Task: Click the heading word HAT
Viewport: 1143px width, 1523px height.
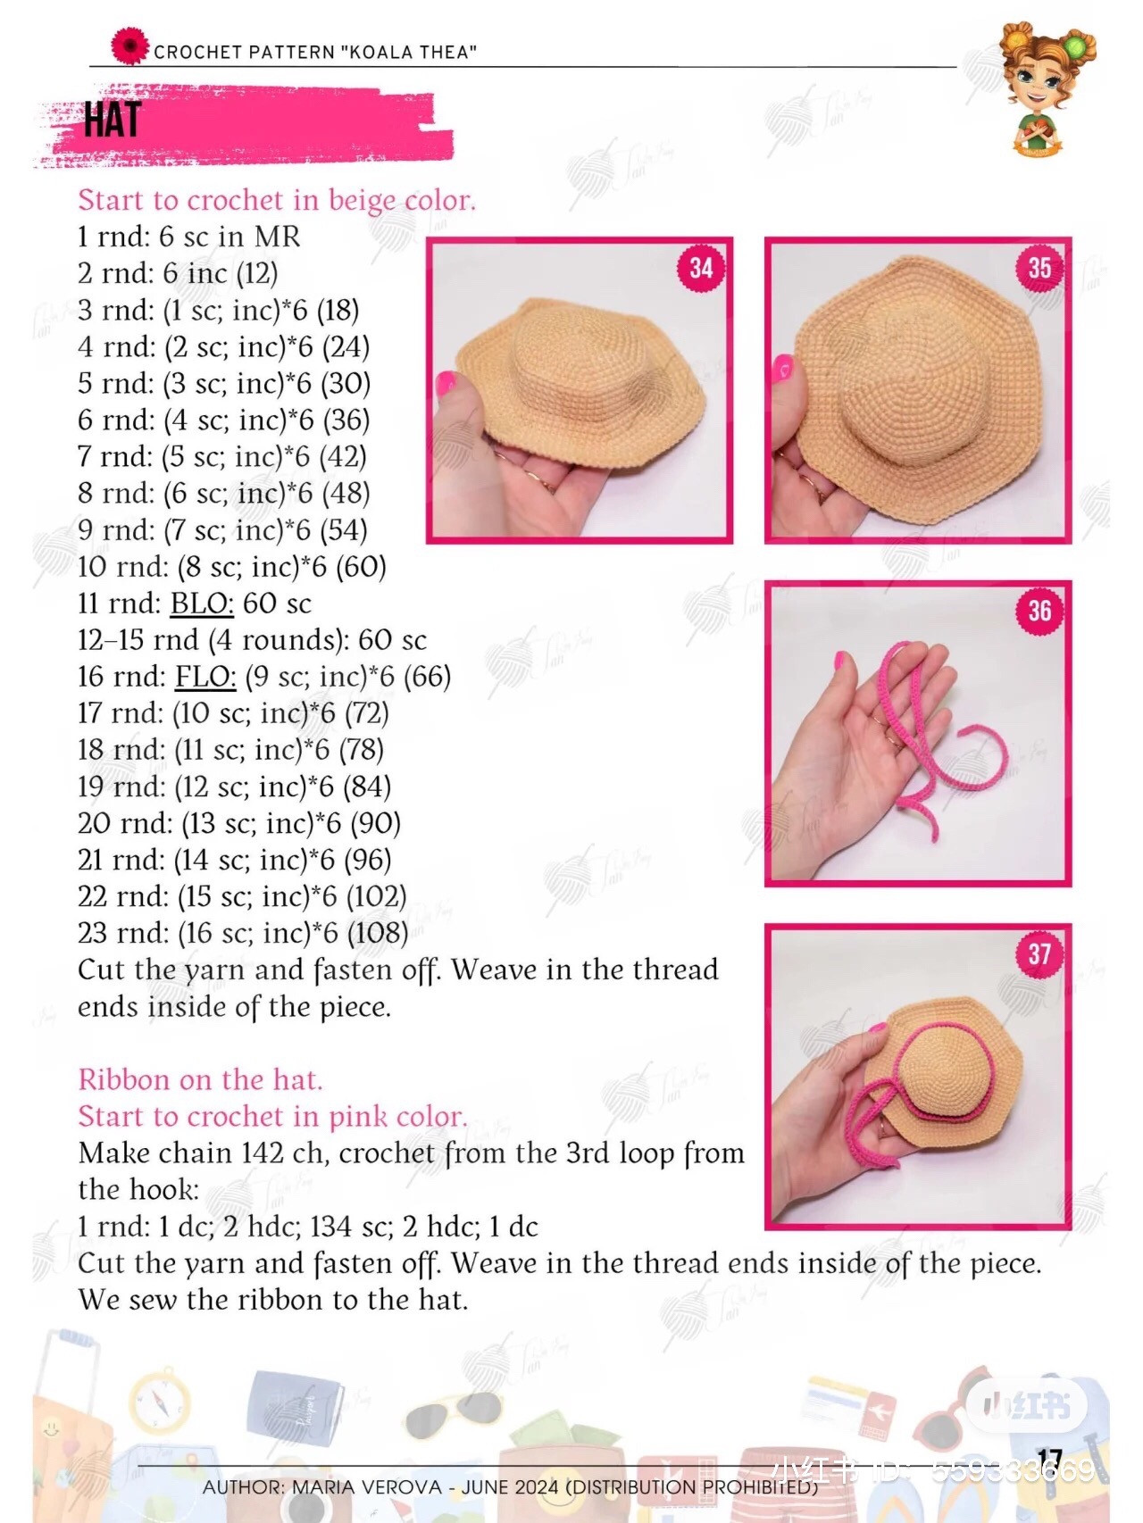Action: pyautogui.click(x=113, y=120)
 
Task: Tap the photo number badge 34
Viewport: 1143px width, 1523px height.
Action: pyautogui.click(x=701, y=268)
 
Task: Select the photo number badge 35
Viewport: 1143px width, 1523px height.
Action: pyautogui.click(x=1039, y=268)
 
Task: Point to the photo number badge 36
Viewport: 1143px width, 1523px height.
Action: pyautogui.click(x=1039, y=611)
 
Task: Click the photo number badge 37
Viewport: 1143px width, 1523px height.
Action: pyautogui.click(x=1039, y=954)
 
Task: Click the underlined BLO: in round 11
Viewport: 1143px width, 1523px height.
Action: pyautogui.click(x=202, y=603)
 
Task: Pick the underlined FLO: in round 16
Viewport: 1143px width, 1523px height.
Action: pyautogui.click(x=205, y=677)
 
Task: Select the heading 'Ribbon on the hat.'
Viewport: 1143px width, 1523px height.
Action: pyautogui.click(x=200, y=1080)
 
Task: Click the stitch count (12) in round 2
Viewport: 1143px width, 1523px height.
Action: pyautogui.click(x=257, y=274)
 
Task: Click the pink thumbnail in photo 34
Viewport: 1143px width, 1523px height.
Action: pyautogui.click(x=445, y=384)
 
